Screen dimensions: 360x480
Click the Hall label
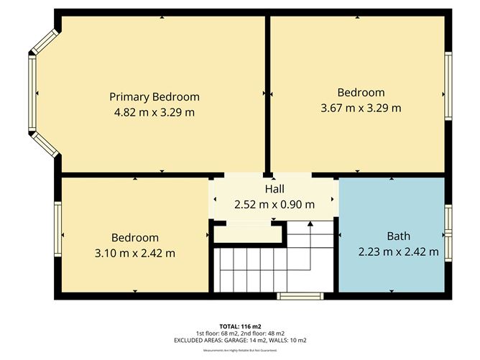[274, 189]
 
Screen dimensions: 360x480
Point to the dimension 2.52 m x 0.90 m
[274, 204]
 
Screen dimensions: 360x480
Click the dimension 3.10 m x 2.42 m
[134, 253]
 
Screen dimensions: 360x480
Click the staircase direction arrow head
[310, 224]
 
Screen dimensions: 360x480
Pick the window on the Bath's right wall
[448, 232]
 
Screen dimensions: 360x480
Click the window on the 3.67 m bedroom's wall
[448, 87]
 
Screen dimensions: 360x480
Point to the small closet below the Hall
[246, 233]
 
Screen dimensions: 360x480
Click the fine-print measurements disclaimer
[240, 350]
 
